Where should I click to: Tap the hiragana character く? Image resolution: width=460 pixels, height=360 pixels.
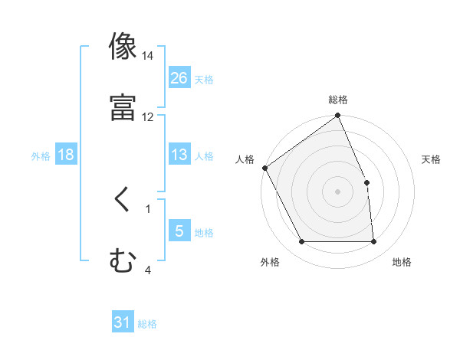[123, 198]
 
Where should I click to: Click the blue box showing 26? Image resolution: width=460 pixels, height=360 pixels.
[179, 77]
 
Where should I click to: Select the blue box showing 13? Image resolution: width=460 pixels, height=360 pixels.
[179, 155]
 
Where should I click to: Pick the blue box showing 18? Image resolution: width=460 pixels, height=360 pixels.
[66, 155]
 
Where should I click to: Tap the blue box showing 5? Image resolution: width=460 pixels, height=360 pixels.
[179, 231]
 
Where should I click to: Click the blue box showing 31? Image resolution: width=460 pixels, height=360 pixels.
[123, 323]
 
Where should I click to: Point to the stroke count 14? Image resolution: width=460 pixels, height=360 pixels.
[148, 57]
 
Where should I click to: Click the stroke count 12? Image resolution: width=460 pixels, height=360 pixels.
[148, 117]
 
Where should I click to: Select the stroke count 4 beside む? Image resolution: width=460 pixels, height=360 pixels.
[148, 270]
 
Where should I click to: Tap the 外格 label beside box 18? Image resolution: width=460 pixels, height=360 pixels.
[41, 155]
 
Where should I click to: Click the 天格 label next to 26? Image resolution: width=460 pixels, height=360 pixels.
[204, 79]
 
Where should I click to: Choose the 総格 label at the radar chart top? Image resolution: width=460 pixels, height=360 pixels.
[338, 100]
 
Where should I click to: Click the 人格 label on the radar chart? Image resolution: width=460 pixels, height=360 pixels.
[245, 159]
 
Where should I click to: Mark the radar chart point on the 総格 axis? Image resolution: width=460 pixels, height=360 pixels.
[338, 116]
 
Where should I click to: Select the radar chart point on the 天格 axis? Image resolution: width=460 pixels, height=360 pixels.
[366, 182]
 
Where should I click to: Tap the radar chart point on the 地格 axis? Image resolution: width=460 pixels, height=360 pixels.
[373, 242]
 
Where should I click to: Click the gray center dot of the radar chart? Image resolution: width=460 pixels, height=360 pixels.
[338, 191]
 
